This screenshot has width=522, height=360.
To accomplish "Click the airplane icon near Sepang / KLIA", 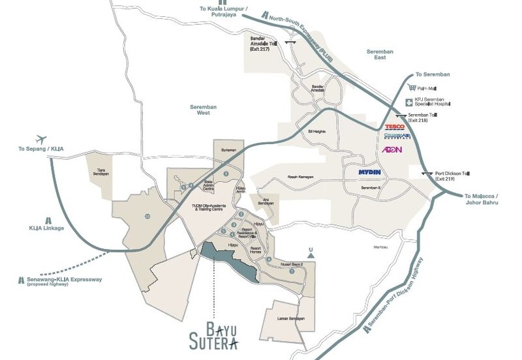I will [x=44, y=139].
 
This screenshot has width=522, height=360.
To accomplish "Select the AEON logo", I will [x=391, y=150].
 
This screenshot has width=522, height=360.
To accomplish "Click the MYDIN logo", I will [x=374, y=173].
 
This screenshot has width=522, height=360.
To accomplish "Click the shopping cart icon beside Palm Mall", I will [x=411, y=87].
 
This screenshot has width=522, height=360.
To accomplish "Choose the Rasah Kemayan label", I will [x=301, y=177].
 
